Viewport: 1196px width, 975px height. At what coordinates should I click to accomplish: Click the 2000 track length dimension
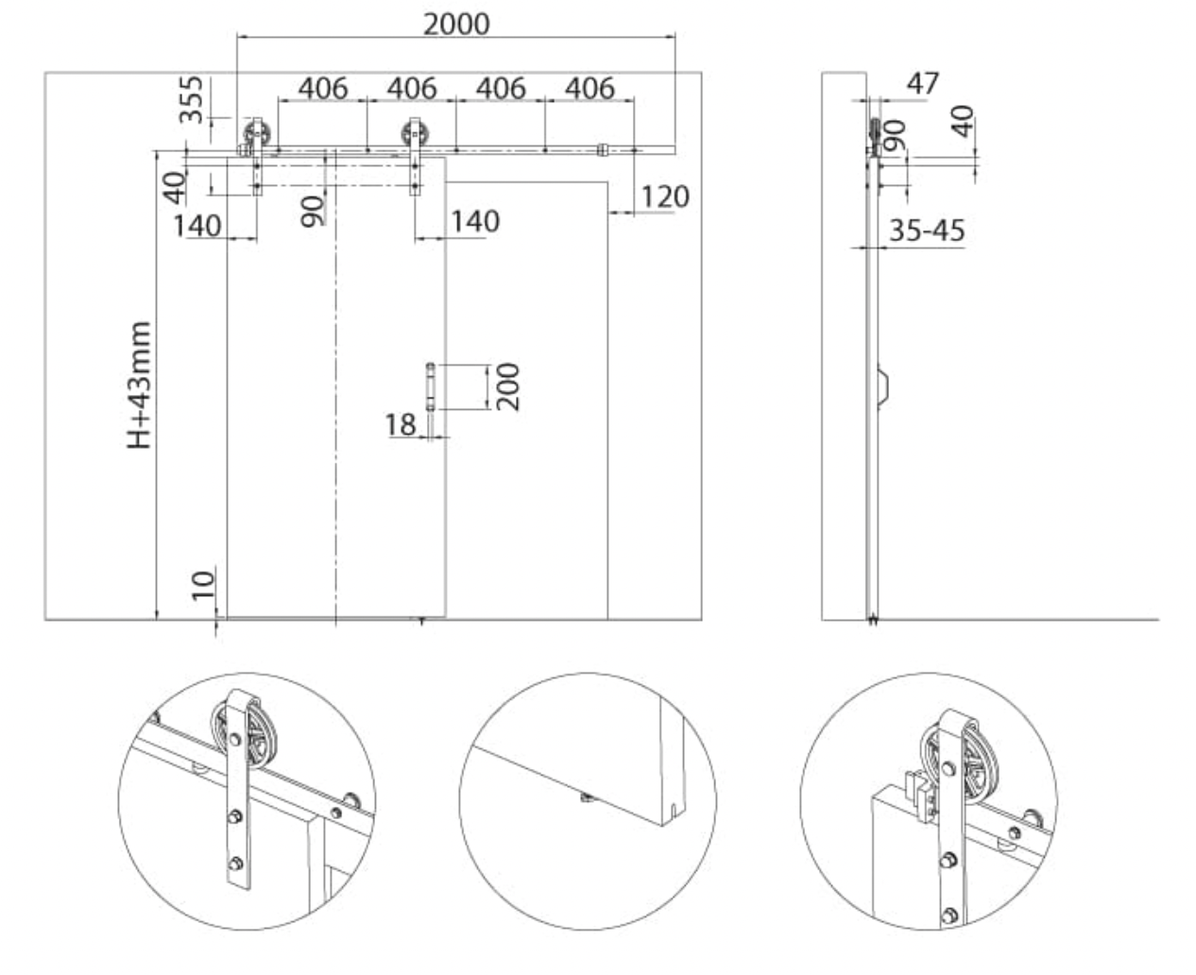click(x=456, y=25)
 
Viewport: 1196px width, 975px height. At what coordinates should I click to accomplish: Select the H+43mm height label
click(x=139, y=385)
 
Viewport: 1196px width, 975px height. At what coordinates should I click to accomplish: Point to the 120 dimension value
click(x=665, y=197)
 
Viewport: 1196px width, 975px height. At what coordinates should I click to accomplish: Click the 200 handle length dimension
click(x=508, y=387)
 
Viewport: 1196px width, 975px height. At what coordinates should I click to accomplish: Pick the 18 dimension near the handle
click(x=401, y=424)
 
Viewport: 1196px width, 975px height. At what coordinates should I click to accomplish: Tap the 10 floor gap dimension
click(x=203, y=586)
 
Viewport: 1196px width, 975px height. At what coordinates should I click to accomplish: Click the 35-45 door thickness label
click(x=928, y=231)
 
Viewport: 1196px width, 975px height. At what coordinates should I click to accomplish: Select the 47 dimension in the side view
click(x=923, y=84)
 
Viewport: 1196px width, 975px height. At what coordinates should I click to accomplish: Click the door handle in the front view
click(x=430, y=387)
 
